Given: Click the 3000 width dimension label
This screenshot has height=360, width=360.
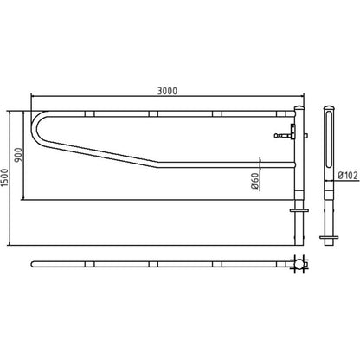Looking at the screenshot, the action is [x=167, y=91].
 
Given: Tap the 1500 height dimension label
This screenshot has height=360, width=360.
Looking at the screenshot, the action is [x=4, y=177].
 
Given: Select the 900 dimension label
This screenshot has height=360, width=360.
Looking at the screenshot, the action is [x=18, y=155].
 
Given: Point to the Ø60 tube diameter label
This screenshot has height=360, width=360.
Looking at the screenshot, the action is [x=255, y=181].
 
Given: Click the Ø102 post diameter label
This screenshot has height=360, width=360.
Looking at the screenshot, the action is [x=348, y=175].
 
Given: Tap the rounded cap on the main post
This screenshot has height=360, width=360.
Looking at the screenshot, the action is [x=299, y=108].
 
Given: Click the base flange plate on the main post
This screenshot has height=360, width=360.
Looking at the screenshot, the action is [x=299, y=210].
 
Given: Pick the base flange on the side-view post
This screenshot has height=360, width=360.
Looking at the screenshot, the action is [x=329, y=237].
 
